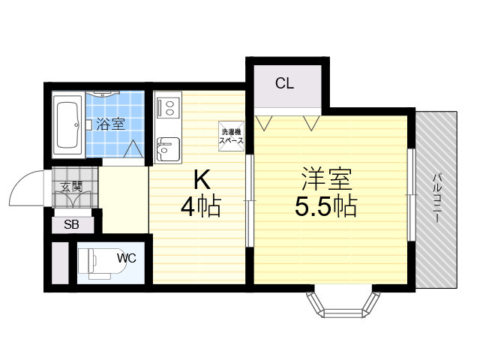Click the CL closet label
point(284,83)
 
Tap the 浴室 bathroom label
point(110,124)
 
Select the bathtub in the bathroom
point(67,126)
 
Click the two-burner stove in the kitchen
point(168,107)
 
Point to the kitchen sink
point(168,149)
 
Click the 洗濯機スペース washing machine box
point(232,136)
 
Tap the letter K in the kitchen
point(202,180)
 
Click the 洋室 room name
point(326,179)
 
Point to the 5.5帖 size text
point(326,205)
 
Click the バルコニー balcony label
point(436,198)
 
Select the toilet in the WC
point(102,263)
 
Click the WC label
point(127,258)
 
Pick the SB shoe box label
point(71,225)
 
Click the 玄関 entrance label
point(71,187)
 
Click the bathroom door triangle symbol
point(133,148)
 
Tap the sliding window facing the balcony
point(412,195)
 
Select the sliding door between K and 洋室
point(250,200)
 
